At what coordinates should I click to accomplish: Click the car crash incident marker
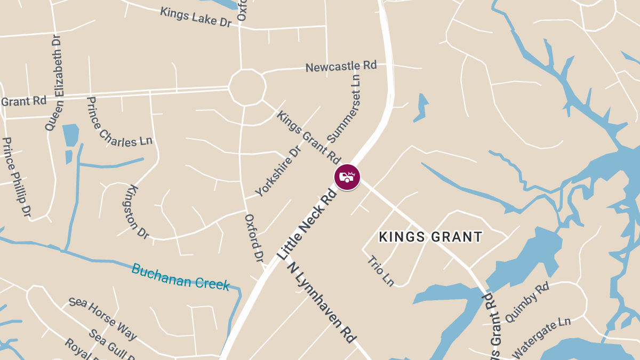coord(347,177)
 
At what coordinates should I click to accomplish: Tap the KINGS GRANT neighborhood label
coord(430,237)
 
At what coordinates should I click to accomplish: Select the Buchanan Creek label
coord(180,276)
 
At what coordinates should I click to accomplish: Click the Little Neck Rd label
coord(308,223)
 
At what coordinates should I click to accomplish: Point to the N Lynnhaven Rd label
coord(323,302)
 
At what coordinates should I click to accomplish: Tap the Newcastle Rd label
coord(341,67)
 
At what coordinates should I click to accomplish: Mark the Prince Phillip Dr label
coord(17,177)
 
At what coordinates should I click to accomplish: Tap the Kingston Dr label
coord(138,211)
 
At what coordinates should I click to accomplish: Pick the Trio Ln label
coord(381,271)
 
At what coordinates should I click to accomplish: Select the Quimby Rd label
coord(526,302)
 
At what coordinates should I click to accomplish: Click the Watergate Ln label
coord(541,338)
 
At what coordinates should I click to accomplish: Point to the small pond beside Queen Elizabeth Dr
coord(70,135)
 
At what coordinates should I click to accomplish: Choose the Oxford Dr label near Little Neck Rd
coord(254,238)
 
